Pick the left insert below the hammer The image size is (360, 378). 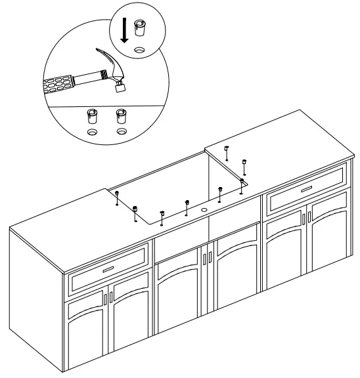tap(93, 117)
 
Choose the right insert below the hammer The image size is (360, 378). tap(120, 117)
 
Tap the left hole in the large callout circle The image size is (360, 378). tap(93, 132)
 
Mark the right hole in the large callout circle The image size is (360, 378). tap(121, 132)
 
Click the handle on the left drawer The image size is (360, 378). tap(108, 268)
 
